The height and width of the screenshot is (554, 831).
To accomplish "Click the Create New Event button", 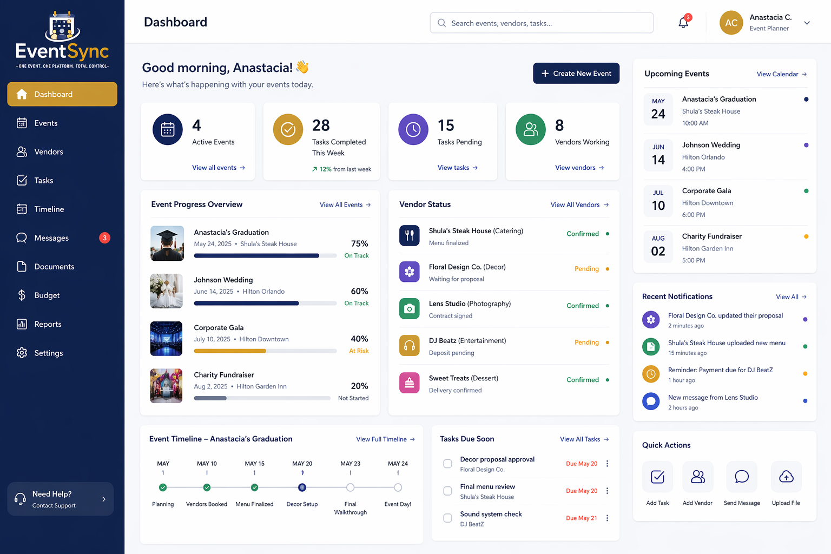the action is [576, 73].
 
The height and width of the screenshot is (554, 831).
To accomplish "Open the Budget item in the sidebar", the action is [47, 295].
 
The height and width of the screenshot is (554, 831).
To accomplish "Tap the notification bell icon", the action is [683, 23].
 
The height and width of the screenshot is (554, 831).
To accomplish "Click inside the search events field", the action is [542, 23].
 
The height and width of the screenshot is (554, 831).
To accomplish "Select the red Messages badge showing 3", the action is [104, 238].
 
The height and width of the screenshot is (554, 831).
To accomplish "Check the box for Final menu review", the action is [448, 491].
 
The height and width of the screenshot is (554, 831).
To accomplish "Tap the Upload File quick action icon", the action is [786, 477].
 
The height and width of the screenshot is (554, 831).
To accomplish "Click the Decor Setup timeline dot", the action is [302, 487].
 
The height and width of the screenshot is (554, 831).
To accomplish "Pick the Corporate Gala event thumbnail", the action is [166, 339].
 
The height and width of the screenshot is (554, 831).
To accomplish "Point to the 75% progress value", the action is [359, 243].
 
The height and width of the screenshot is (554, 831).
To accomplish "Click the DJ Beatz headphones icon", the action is [410, 346].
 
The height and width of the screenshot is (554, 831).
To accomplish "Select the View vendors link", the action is [579, 168].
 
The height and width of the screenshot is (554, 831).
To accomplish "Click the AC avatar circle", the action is [731, 23].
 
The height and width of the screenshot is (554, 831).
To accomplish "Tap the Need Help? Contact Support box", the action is [61, 499].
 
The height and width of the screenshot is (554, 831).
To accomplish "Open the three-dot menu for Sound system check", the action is [608, 518].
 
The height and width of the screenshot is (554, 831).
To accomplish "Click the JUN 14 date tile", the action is [658, 155].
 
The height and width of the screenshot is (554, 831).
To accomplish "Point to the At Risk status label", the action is [359, 351].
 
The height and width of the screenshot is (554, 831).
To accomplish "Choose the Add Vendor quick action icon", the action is [698, 477].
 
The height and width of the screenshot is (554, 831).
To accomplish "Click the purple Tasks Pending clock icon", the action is [413, 129].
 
